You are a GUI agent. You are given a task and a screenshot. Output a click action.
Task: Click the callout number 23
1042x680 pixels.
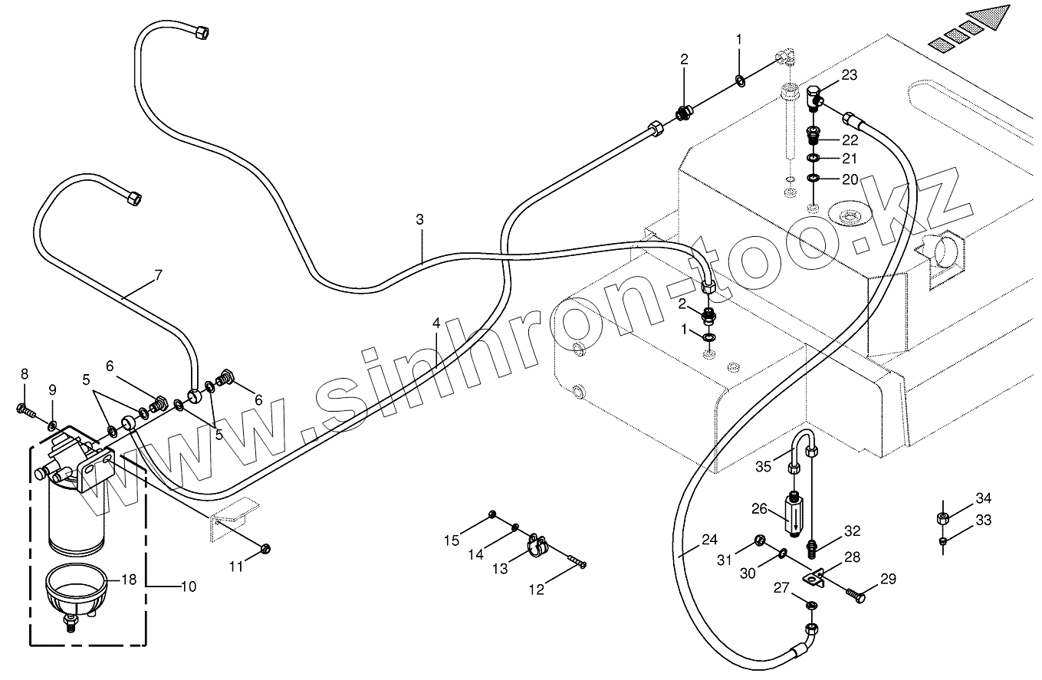click(849, 75)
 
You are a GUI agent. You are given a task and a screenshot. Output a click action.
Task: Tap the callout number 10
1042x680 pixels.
click(188, 586)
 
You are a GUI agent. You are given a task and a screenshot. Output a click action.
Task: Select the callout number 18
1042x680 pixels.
click(129, 580)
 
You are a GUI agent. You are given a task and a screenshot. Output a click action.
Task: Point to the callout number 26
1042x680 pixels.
click(758, 508)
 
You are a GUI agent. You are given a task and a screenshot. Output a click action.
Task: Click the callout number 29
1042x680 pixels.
click(888, 580)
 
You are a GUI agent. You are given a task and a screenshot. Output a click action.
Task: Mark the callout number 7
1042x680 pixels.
click(158, 276)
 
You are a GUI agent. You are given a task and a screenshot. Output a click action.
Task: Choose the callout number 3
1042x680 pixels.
click(420, 219)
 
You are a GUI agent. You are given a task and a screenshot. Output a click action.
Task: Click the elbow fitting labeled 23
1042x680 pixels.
click(815, 96)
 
